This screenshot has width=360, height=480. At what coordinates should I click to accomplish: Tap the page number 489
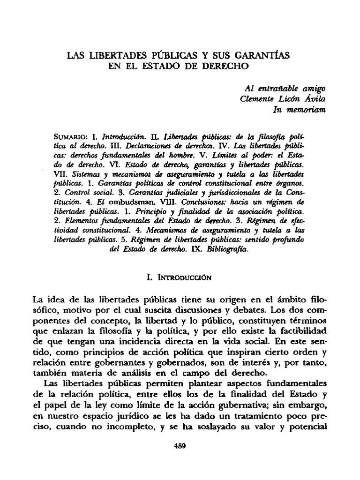click(x=180, y=446)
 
